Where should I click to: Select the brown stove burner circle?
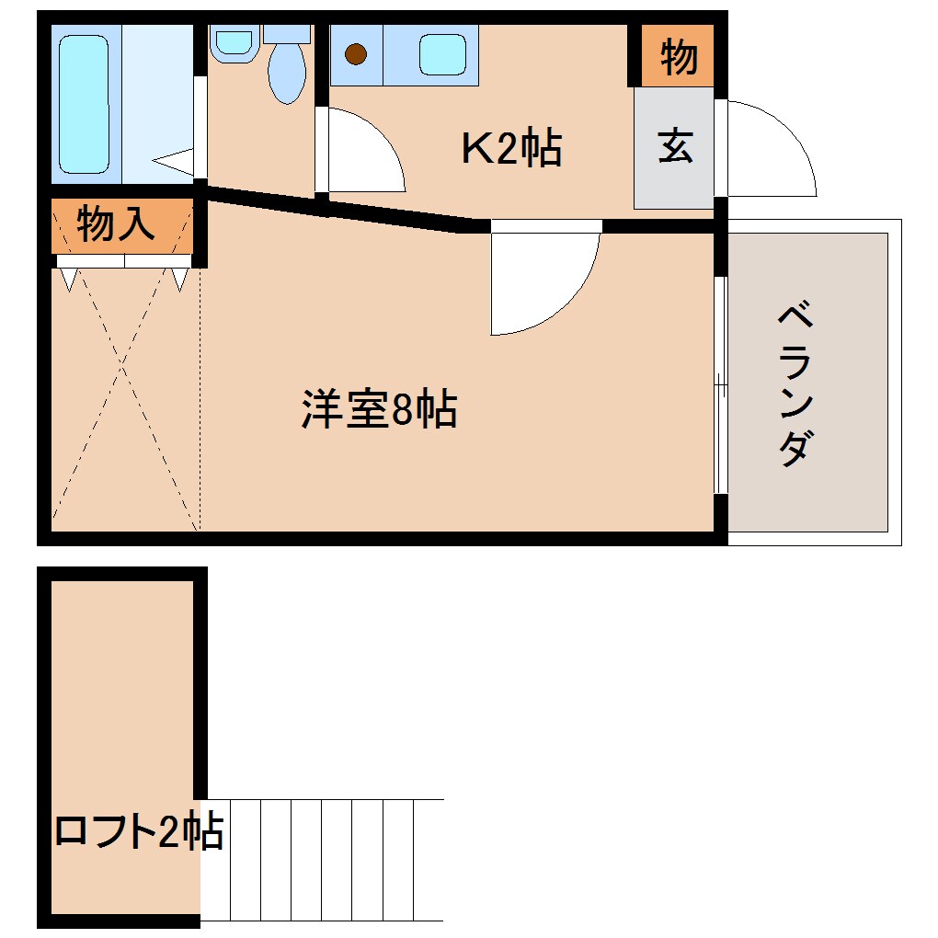click(356, 53)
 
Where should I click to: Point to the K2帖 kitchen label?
click(511, 148)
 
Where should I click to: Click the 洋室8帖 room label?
click(379, 410)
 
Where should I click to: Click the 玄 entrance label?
click(675, 146)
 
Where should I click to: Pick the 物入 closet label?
click(115, 224)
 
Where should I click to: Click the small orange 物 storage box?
click(678, 57)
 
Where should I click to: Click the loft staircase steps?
click(322, 860)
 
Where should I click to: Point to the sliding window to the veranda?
click(721, 386)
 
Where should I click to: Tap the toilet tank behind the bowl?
click(287, 33)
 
